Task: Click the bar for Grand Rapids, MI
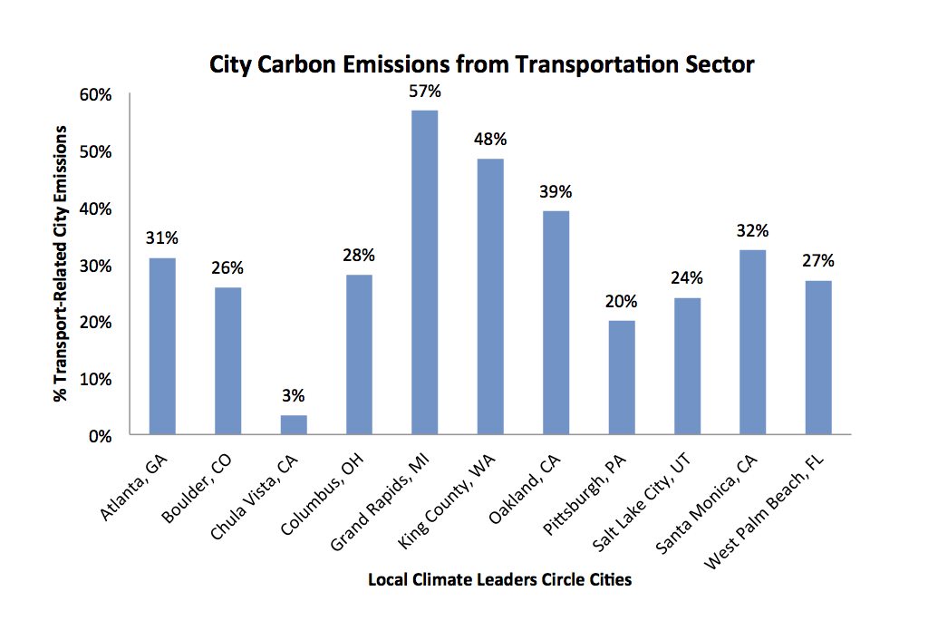pyautogui.click(x=424, y=272)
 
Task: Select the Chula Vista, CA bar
pyautogui.click(x=293, y=425)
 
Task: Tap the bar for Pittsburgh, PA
pyautogui.click(x=622, y=377)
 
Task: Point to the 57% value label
pyautogui.click(x=424, y=92)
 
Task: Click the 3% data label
pyautogui.click(x=293, y=395)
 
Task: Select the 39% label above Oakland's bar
pyautogui.click(x=556, y=192)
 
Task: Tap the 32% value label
pyautogui.click(x=753, y=230)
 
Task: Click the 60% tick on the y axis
pyautogui.click(x=95, y=94)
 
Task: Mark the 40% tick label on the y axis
pyautogui.click(x=95, y=208)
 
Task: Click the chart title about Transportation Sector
pyautogui.click(x=482, y=65)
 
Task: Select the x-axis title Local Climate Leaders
pyautogui.click(x=499, y=579)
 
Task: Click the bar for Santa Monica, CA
pyautogui.click(x=753, y=343)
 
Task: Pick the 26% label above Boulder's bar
pyautogui.click(x=227, y=268)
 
